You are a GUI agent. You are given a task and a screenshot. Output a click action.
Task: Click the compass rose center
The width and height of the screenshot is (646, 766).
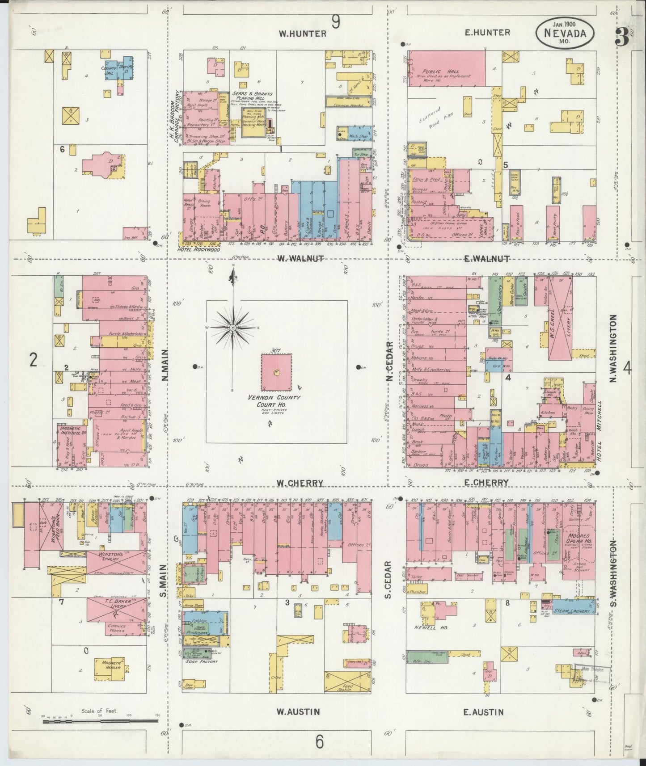pos(233,328)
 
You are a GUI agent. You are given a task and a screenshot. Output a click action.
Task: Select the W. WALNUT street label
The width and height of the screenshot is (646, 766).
pos(300,258)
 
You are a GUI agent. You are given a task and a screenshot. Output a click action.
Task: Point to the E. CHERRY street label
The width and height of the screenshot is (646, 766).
pos(486,483)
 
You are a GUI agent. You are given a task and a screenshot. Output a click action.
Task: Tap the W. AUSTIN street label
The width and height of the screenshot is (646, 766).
pos(299,711)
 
